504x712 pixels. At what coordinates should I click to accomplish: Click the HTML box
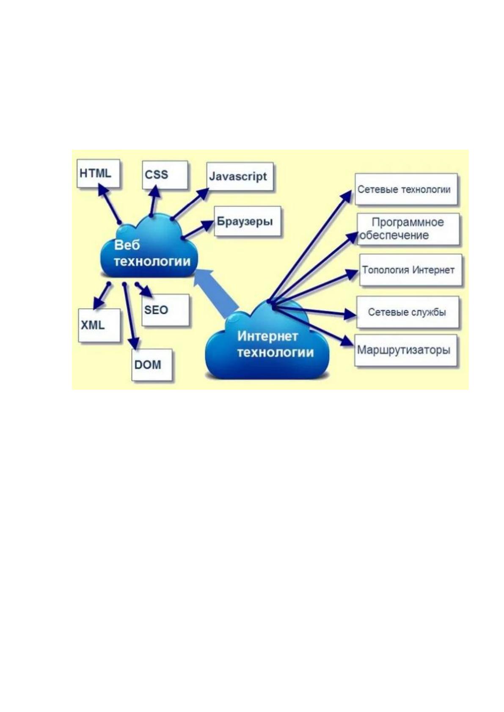pos(98,173)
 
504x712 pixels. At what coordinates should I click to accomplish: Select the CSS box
pos(165,175)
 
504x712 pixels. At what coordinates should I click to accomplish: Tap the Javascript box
pos(240,176)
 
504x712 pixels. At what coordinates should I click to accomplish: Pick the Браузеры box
pos(248,221)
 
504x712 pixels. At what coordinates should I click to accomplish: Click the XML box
pos(99,325)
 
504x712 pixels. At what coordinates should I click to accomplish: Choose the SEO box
pos(165,310)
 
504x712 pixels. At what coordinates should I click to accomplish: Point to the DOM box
pos(152,364)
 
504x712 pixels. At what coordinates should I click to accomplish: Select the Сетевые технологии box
pos(406,189)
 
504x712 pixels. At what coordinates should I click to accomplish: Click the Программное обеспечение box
pos(408,229)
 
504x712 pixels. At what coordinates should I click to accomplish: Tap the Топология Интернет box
pos(410,270)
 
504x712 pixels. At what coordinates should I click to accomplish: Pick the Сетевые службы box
pos(408,312)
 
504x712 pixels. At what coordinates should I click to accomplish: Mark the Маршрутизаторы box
pos(406,350)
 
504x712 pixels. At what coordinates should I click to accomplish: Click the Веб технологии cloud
pos(149,251)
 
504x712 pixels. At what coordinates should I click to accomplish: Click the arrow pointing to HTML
pos(109,203)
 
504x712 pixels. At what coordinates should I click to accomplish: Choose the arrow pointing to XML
pos(102,296)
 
